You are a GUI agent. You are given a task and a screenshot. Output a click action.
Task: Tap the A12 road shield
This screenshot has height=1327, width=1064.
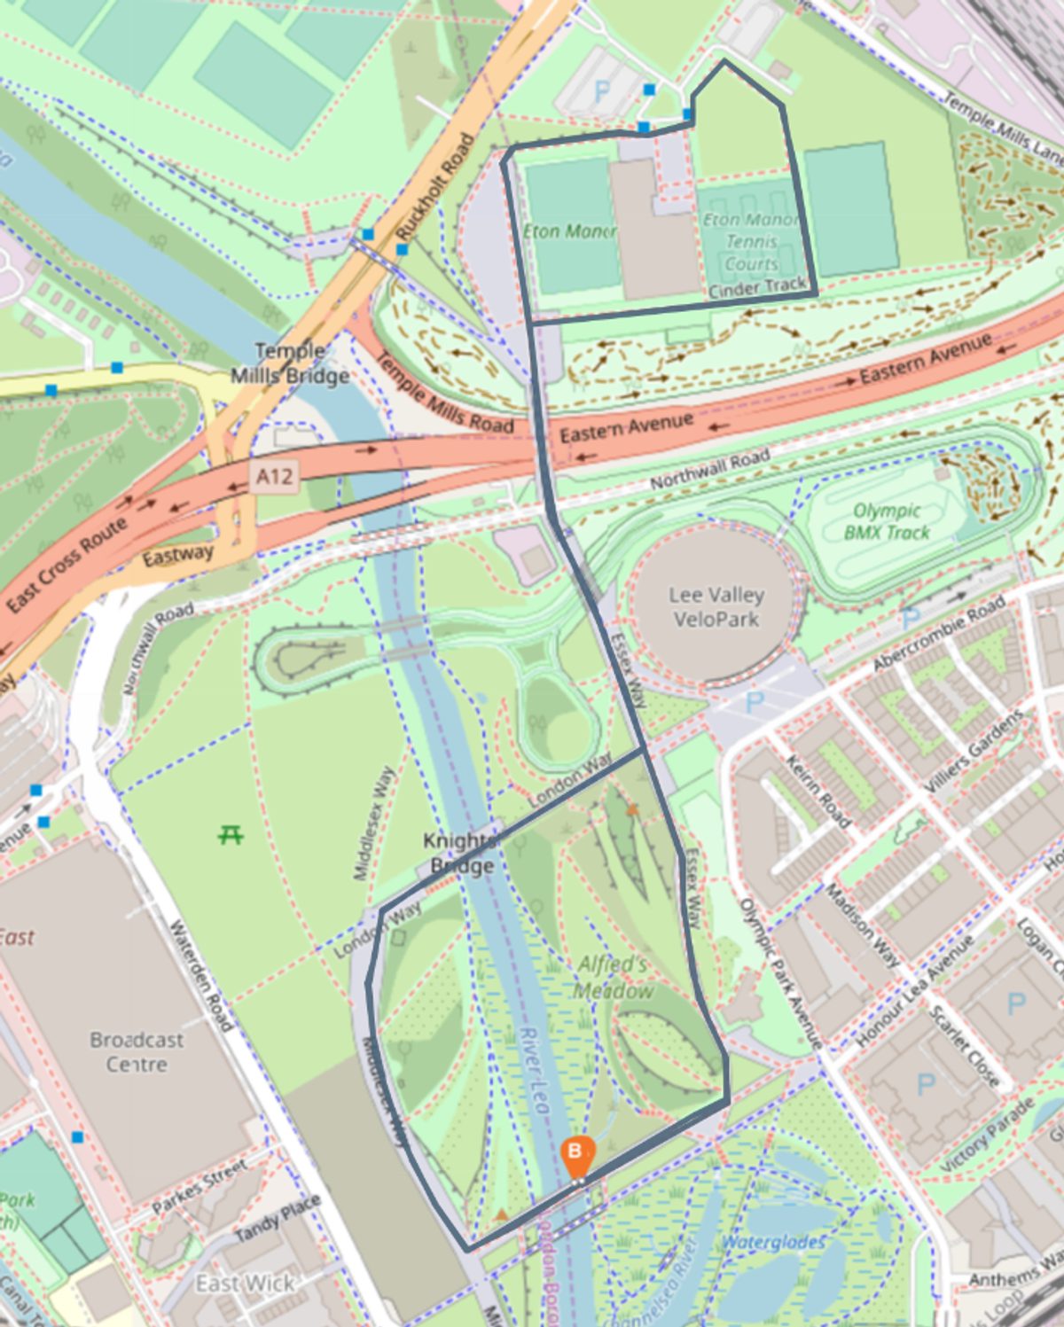pyautogui.click(x=274, y=478)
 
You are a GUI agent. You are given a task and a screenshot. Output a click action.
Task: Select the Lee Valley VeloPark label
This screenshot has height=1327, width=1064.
pyautogui.click(x=716, y=607)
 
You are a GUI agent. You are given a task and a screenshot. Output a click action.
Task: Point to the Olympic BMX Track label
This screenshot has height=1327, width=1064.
pyautogui.click(x=886, y=522)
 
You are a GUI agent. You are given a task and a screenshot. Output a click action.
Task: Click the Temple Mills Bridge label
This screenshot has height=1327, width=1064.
pyautogui.click(x=290, y=363)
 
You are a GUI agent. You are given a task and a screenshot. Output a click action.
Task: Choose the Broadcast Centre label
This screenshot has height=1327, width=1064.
pyautogui.click(x=137, y=1051)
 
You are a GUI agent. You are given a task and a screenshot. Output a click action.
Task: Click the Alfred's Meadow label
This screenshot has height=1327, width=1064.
pyautogui.click(x=614, y=977)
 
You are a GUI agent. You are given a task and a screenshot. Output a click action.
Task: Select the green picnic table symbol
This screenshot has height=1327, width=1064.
pyautogui.click(x=231, y=834)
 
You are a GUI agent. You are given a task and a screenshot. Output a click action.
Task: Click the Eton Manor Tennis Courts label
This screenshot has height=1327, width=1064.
pyautogui.click(x=750, y=241)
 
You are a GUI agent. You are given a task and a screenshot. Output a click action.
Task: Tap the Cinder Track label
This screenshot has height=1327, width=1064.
pyautogui.click(x=757, y=287)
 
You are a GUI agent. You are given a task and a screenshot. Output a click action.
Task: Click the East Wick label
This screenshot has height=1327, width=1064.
pyautogui.click(x=246, y=1283)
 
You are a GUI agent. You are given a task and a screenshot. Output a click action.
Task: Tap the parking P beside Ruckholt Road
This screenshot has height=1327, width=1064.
pyautogui.click(x=601, y=91)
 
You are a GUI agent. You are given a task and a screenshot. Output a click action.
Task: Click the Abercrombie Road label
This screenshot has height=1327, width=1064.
pyautogui.click(x=939, y=634)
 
